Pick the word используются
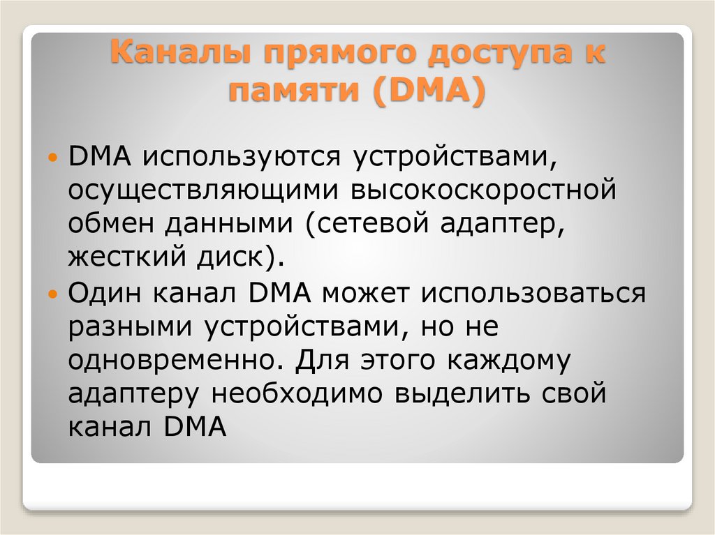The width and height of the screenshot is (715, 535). point(242,157)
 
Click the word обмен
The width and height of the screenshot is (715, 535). point(112,224)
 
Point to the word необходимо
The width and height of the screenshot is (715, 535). point(295,394)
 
